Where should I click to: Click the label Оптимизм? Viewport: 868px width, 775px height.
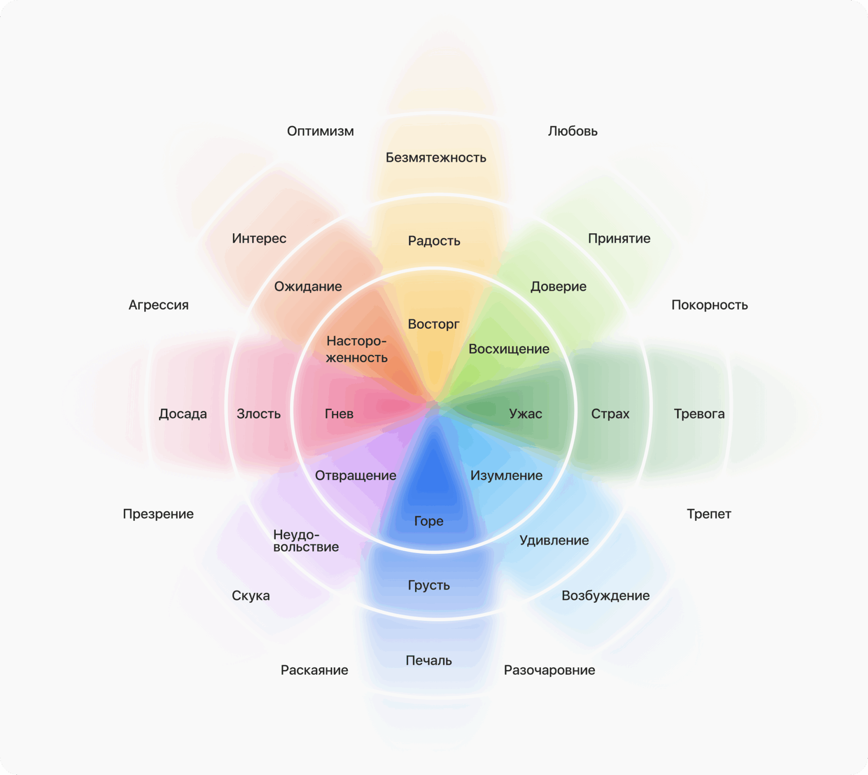point(320,131)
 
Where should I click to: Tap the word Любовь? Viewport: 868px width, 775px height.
point(572,131)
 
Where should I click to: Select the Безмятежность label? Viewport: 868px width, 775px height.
point(436,157)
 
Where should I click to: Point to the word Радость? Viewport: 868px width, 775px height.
point(434,241)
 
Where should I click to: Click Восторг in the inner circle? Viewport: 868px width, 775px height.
point(433,324)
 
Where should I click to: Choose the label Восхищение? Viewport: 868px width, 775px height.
point(509,349)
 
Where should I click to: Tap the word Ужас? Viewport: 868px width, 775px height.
point(525,414)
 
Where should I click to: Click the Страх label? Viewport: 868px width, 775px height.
point(610,414)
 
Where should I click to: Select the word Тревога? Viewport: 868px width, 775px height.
point(699,414)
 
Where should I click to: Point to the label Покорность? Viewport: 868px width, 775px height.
point(709,305)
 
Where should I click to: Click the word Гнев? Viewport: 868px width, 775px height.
point(339,414)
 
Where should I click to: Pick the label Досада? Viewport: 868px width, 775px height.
point(183,414)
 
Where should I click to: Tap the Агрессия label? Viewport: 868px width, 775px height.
point(158,305)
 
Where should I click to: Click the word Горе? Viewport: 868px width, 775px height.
point(429,521)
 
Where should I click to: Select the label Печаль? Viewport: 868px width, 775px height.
point(429,661)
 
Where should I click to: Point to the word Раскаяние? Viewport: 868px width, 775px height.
point(314,670)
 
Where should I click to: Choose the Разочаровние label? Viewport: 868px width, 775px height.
point(549,670)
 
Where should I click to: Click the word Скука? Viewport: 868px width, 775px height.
point(250,595)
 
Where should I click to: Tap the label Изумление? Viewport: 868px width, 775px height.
point(506,475)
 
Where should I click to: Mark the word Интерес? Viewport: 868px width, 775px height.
point(259,238)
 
